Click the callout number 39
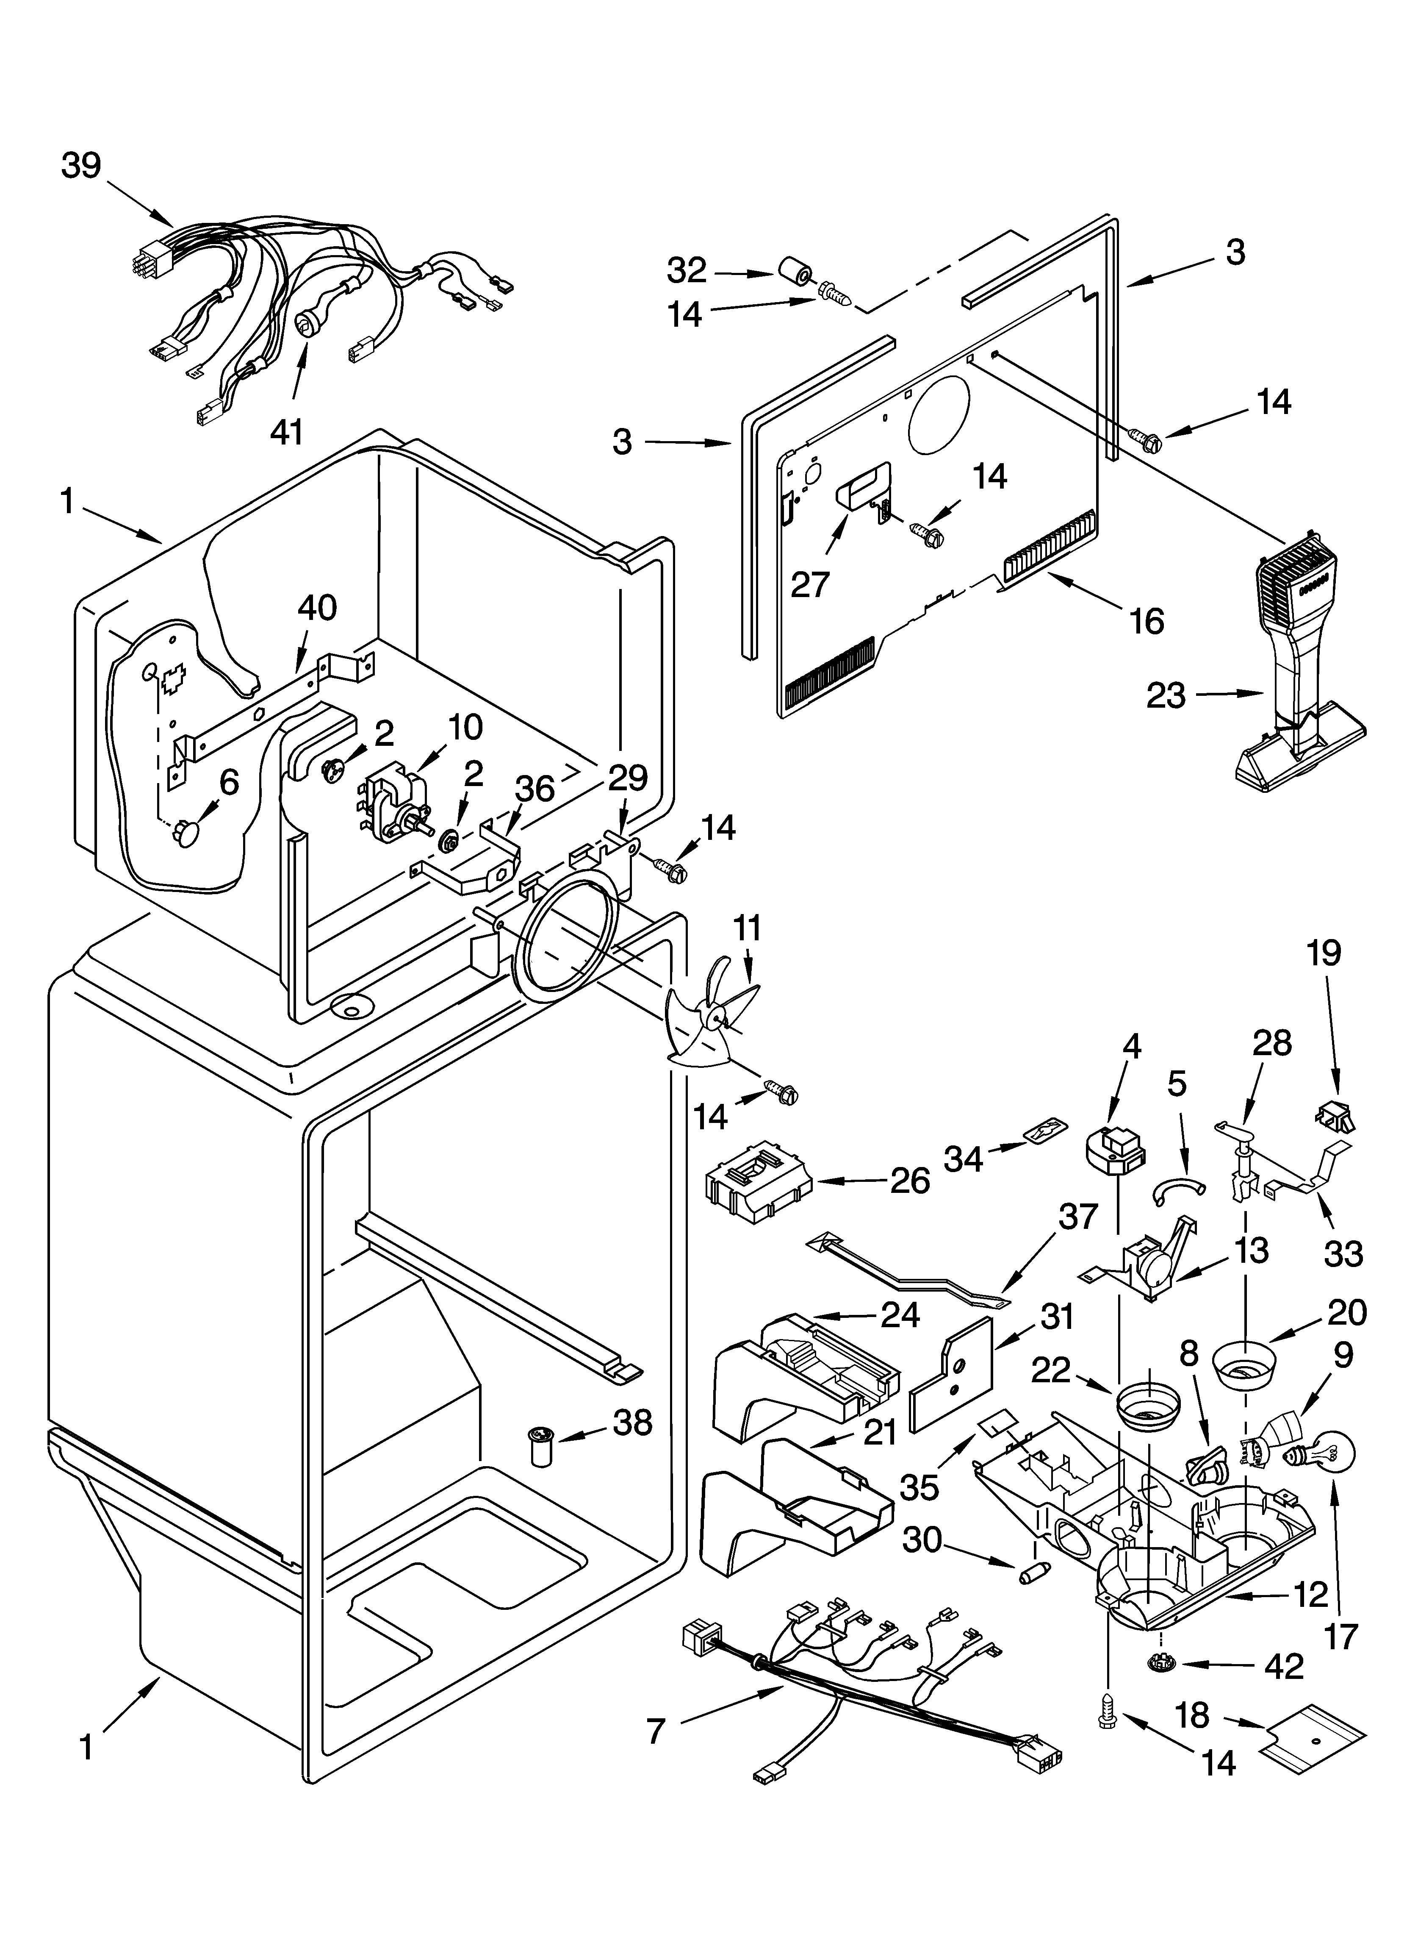click(x=81, y=166)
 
